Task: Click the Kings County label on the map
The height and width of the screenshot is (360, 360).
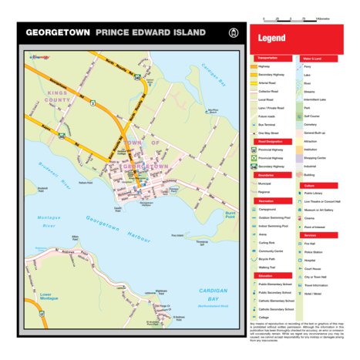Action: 57,96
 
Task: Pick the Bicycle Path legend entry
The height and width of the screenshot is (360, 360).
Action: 269,259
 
